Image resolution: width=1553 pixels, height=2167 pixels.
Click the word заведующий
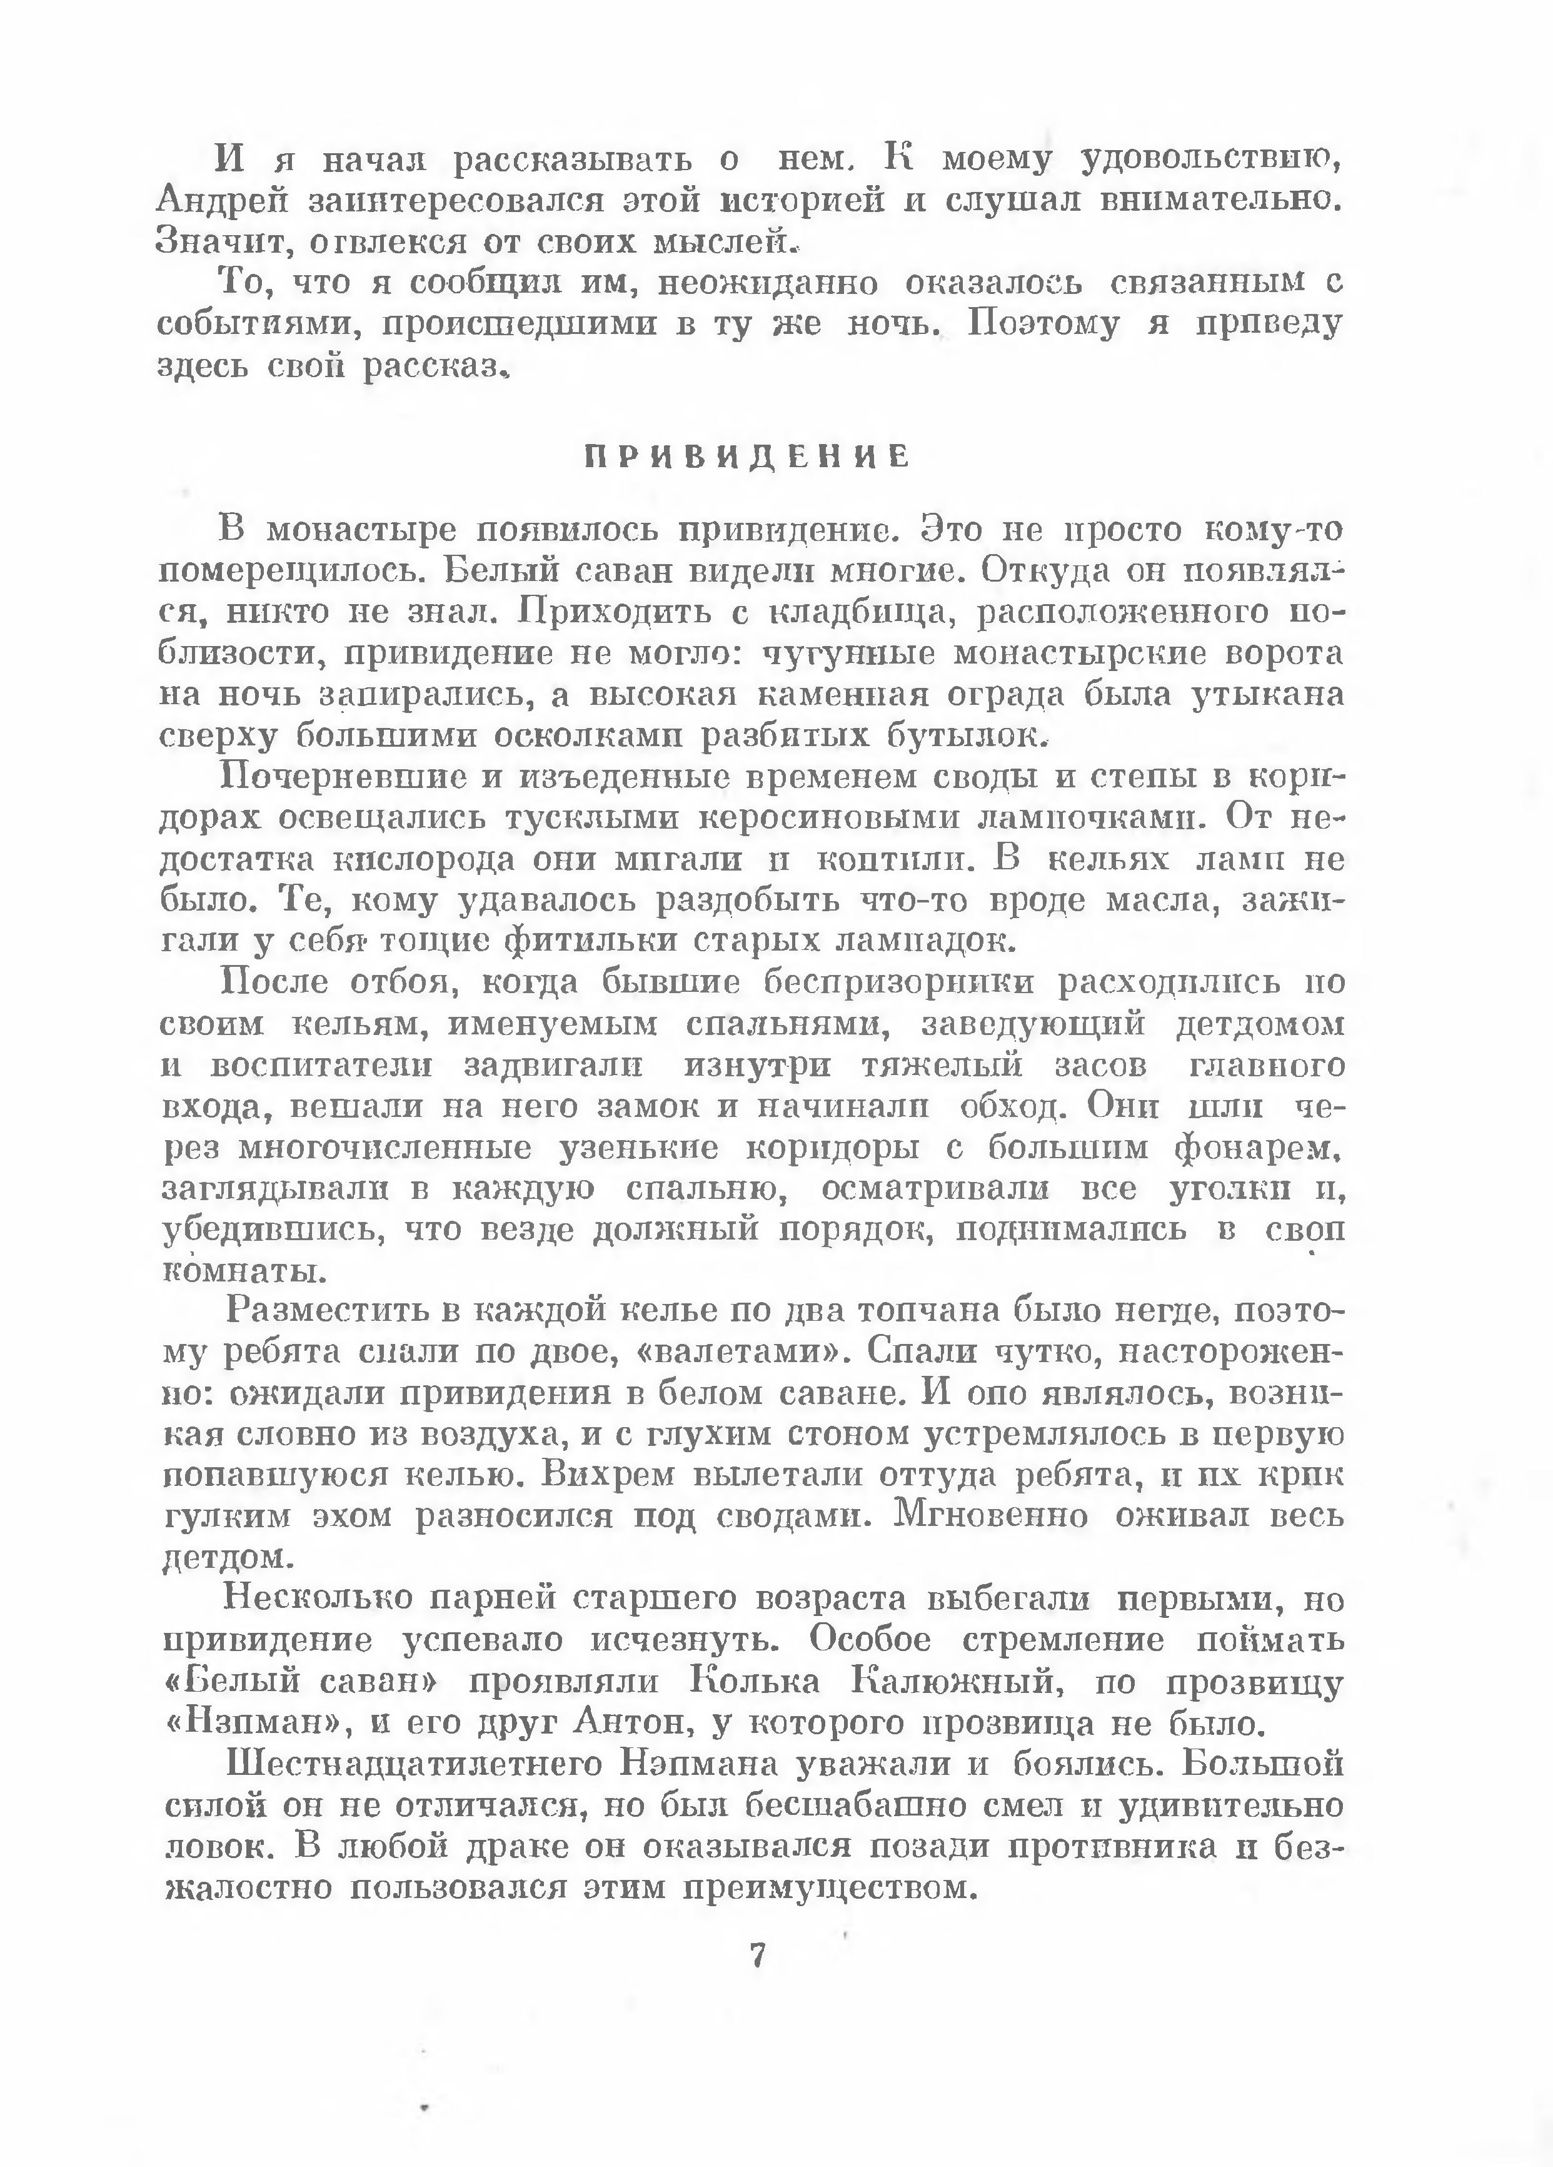coord(1032,1024)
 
